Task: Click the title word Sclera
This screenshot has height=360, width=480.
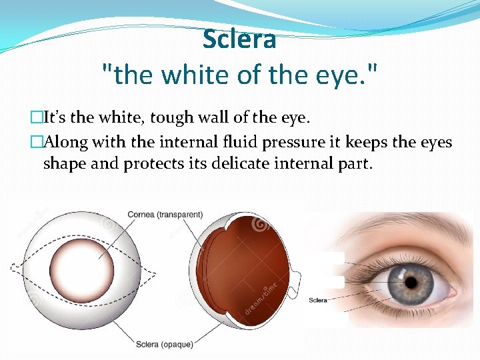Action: point(239,40)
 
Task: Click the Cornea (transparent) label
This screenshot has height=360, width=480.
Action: point(165,215)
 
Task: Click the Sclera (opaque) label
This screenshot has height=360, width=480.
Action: point(165,344)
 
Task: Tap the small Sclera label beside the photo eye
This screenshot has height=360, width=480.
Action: point(318,300)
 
